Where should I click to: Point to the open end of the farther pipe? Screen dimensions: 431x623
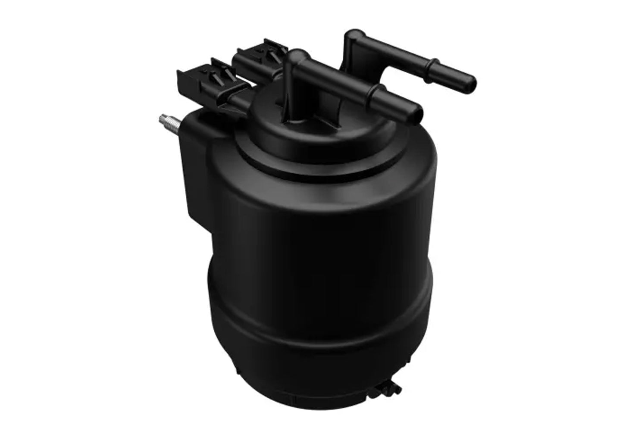point(471,81)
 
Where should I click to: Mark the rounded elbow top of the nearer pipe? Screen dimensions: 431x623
point(297,56)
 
